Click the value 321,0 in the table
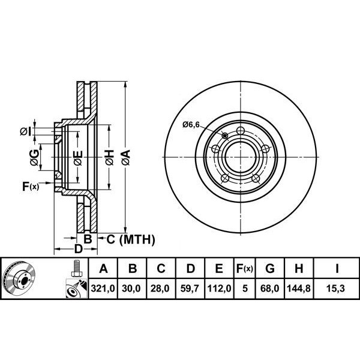pos(103,288)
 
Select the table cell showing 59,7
pos(190,288)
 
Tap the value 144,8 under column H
pos(299,288)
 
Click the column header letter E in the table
pos(219,268)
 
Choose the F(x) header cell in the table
pos(245,268)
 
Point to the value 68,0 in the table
pos(269,288)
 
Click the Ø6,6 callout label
pos(191,125)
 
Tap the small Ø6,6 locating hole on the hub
pos(225,136)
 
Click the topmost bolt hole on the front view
pos(240,131)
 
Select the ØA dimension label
pos(126,157)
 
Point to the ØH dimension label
pos(110,157)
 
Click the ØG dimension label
pos(34,157)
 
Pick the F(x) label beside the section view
pos(31,187)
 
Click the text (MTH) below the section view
pos(137,239)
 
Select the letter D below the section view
pos(78,248)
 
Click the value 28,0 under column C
pos(161,288)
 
